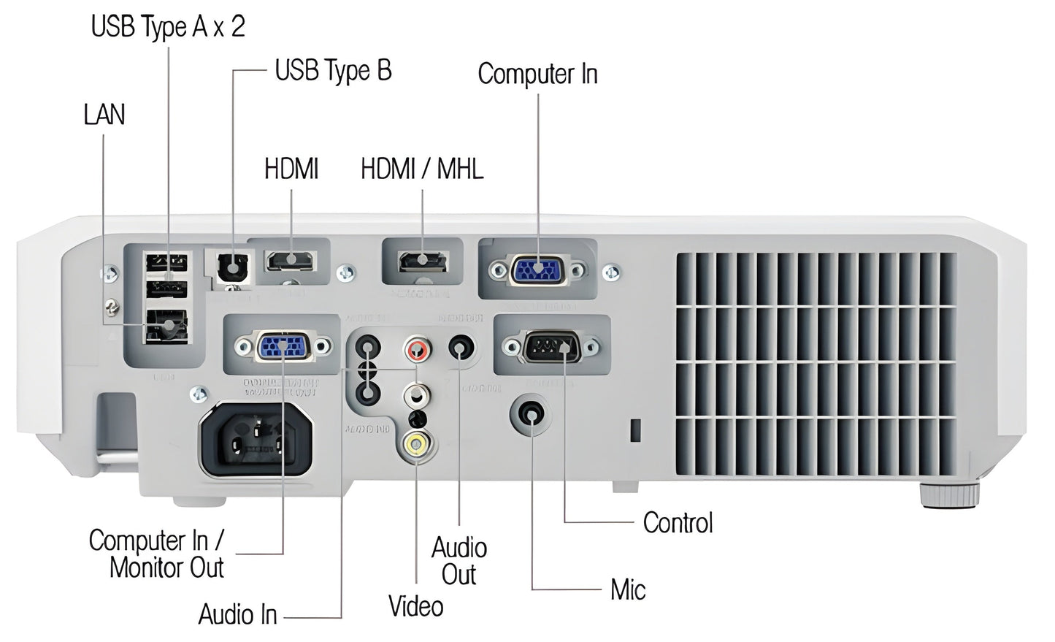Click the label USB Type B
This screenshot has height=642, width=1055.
(x=333, y=71)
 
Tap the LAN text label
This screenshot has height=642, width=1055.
(x=104, y=115)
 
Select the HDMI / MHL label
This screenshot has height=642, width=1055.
(x=422, y=169)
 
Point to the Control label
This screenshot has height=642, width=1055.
(x=678, y=523)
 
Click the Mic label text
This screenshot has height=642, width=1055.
(x=628, y=589)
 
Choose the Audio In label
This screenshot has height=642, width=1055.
(x=238, y=615)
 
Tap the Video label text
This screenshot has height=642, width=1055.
(x=415, y=606)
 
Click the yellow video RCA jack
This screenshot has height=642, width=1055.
(x=417, y=443)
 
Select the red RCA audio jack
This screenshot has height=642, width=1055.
(x=418, y=347)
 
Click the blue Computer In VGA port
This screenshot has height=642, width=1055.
(x=539, y=270)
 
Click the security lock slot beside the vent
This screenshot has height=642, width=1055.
(x=634, y=430)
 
